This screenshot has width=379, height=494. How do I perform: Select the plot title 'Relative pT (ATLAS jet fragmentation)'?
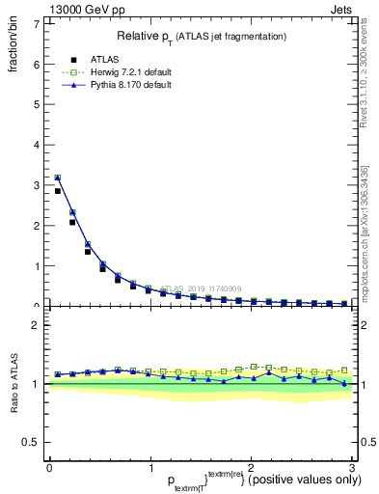coord(201,37)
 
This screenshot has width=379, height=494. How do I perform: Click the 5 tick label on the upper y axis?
coord(37,105)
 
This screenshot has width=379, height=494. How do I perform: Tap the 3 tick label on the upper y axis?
coord(37,185)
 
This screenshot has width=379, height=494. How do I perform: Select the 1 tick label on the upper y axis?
coord(37,266)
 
